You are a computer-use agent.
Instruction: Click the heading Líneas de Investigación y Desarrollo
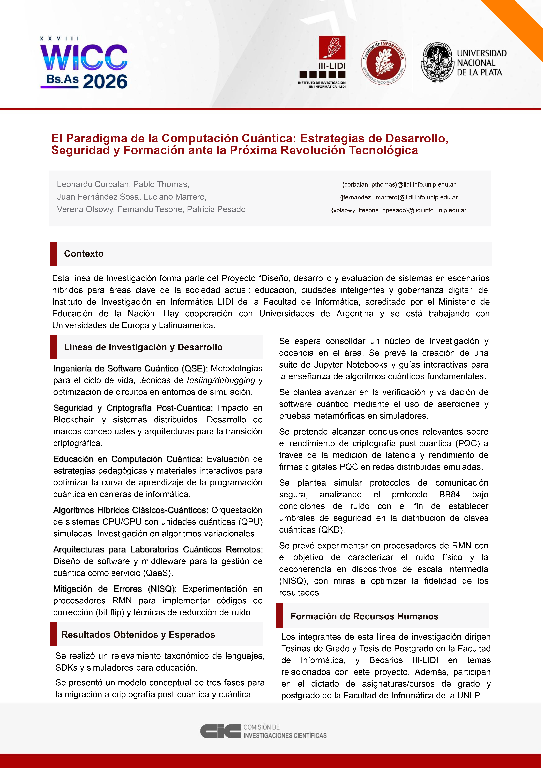143,347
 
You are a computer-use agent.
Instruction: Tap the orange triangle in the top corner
522,20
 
